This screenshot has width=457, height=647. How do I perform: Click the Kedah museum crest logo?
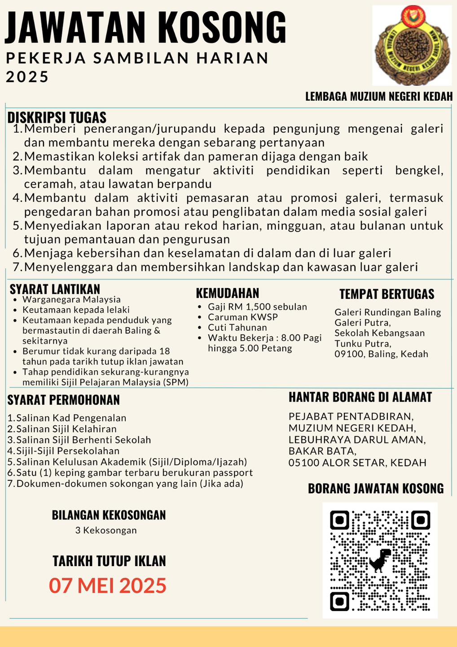coord(412,45)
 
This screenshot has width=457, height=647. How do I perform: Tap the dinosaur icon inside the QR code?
coord(380,560)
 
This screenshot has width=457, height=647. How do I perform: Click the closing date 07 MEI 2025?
coord(108,586)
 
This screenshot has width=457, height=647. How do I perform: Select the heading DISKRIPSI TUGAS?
coord(57,118)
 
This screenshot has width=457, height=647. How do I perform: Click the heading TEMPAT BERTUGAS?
coord(387,294)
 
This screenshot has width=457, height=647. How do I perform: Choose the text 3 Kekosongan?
coord(106,530)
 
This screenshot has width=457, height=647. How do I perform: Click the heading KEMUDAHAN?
coord(228,293)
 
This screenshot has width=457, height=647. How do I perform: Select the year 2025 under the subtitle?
coord(27,77)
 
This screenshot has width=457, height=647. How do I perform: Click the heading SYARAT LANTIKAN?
coord(55,289)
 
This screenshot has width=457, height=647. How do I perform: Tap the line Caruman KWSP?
coord(243,317)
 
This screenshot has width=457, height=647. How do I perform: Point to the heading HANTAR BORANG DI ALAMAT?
coord(360,397)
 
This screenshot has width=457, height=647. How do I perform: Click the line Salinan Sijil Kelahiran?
coord(66,429)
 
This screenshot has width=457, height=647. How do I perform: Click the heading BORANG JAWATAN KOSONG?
coord(376,489)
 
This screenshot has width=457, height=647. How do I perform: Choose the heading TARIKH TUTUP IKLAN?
coord(109,561)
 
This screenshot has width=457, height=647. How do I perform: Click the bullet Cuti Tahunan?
coord(237,328)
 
